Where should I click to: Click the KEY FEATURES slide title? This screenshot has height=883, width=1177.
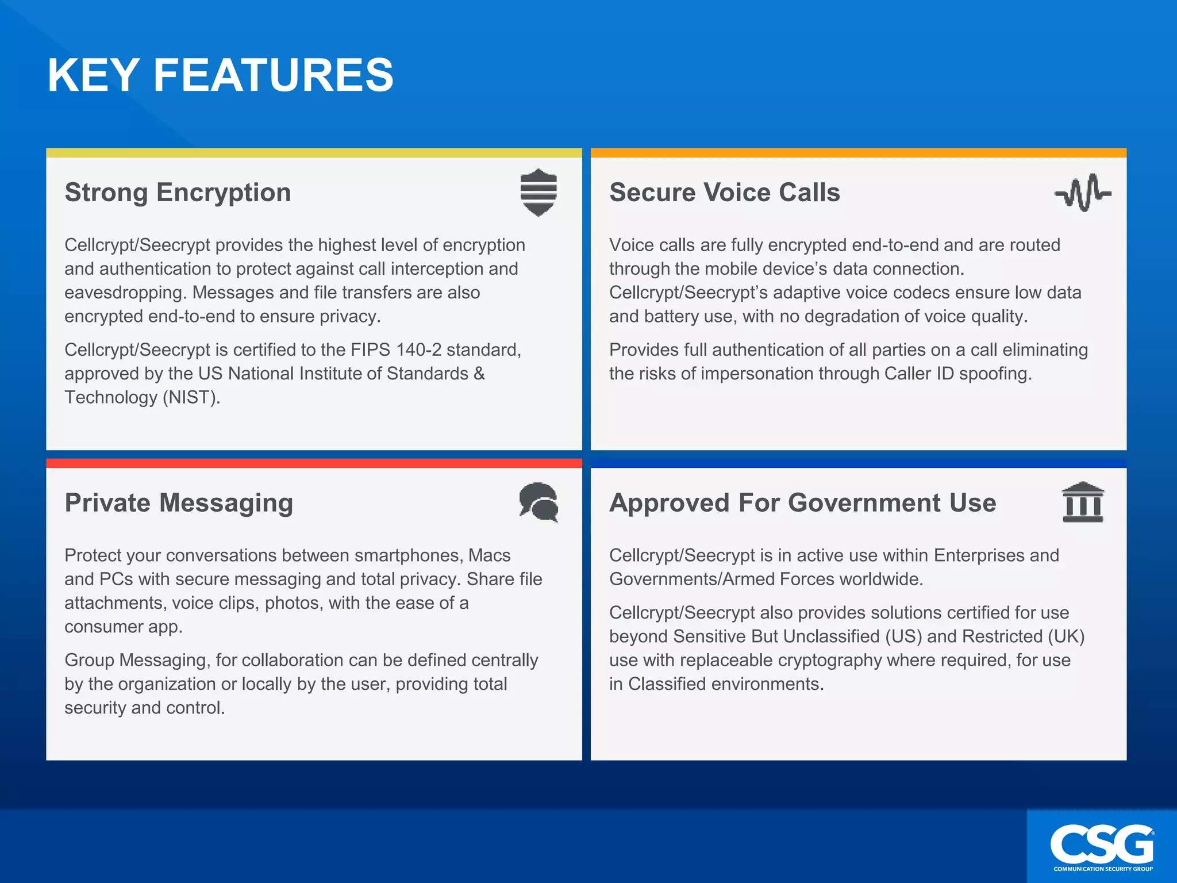(x=220, y=75)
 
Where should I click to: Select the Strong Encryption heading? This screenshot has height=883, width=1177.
(x=178, y=193)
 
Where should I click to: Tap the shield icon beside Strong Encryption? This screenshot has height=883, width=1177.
(x=539, y=193)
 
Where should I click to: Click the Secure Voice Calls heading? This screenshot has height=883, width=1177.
(x=724, y=193)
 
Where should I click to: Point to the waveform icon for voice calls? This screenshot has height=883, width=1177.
(x=1083, y=193)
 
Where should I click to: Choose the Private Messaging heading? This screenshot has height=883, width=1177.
(x=179, y=503)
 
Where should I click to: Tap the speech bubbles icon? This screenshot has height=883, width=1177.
(x=539, y=502)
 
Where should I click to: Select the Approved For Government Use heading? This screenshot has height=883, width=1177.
(x=802, y=503)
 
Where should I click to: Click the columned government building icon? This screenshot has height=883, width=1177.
(x=1083, y=502)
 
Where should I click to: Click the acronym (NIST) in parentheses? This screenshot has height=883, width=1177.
(x=191, y=398)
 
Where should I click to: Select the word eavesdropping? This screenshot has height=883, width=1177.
(x=125, y=293)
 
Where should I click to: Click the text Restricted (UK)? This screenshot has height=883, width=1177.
(x=1023, y=637)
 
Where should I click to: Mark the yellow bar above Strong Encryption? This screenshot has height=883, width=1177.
(x=314, y=153)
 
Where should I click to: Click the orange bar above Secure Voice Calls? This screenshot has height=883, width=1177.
(x=858, y=153)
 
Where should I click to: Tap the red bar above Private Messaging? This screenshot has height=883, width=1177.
(x=314, y=463)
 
